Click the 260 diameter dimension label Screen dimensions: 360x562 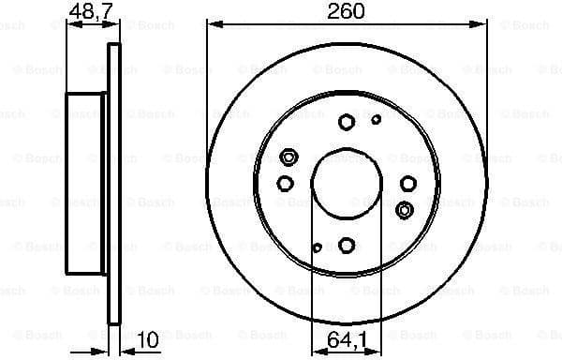point(346,12)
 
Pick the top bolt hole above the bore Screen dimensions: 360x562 point(347,121)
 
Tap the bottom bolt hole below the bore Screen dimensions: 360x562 point(347,245)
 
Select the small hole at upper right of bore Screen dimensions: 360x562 point(377,119)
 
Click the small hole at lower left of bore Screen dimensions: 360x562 point(317,247)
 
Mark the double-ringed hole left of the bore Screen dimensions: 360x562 point(288,157)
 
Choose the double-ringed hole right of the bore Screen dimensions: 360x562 point(405,208)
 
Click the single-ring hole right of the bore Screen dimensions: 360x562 point(408,183)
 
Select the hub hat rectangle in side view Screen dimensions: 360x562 point(87,183)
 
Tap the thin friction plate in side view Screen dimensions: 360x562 point(115,183)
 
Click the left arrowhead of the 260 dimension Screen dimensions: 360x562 point(210,26)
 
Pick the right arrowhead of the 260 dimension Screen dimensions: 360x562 point(482,26)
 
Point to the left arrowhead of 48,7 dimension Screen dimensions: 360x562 point(70,26)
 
